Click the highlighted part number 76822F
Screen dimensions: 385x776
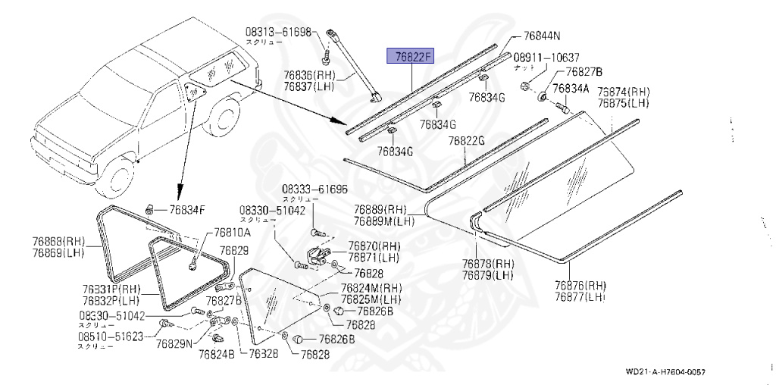409,56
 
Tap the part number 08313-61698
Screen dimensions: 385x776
278,33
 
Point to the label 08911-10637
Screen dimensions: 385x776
547,58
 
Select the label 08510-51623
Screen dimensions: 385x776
110,335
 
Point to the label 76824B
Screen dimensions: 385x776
217,352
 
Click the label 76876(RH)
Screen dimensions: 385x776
581,286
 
